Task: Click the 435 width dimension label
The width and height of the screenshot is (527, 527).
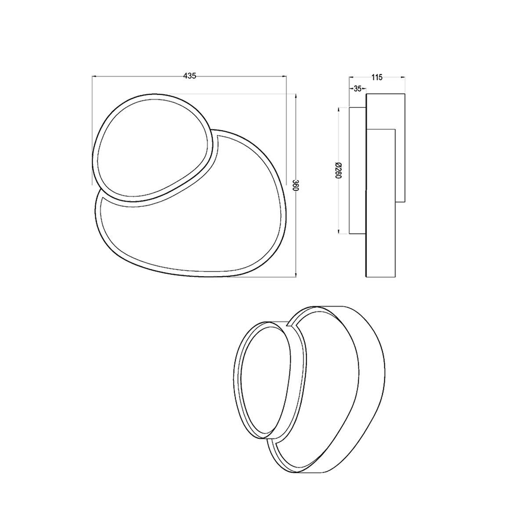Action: (189, 76)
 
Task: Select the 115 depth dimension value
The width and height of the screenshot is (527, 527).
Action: (377, 77)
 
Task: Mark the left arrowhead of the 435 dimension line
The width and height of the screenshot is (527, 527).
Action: (94, 76)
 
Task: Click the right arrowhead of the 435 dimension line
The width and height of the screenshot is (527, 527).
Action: (284, 76)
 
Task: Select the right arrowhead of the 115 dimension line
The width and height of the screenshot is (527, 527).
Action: (402, 77)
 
